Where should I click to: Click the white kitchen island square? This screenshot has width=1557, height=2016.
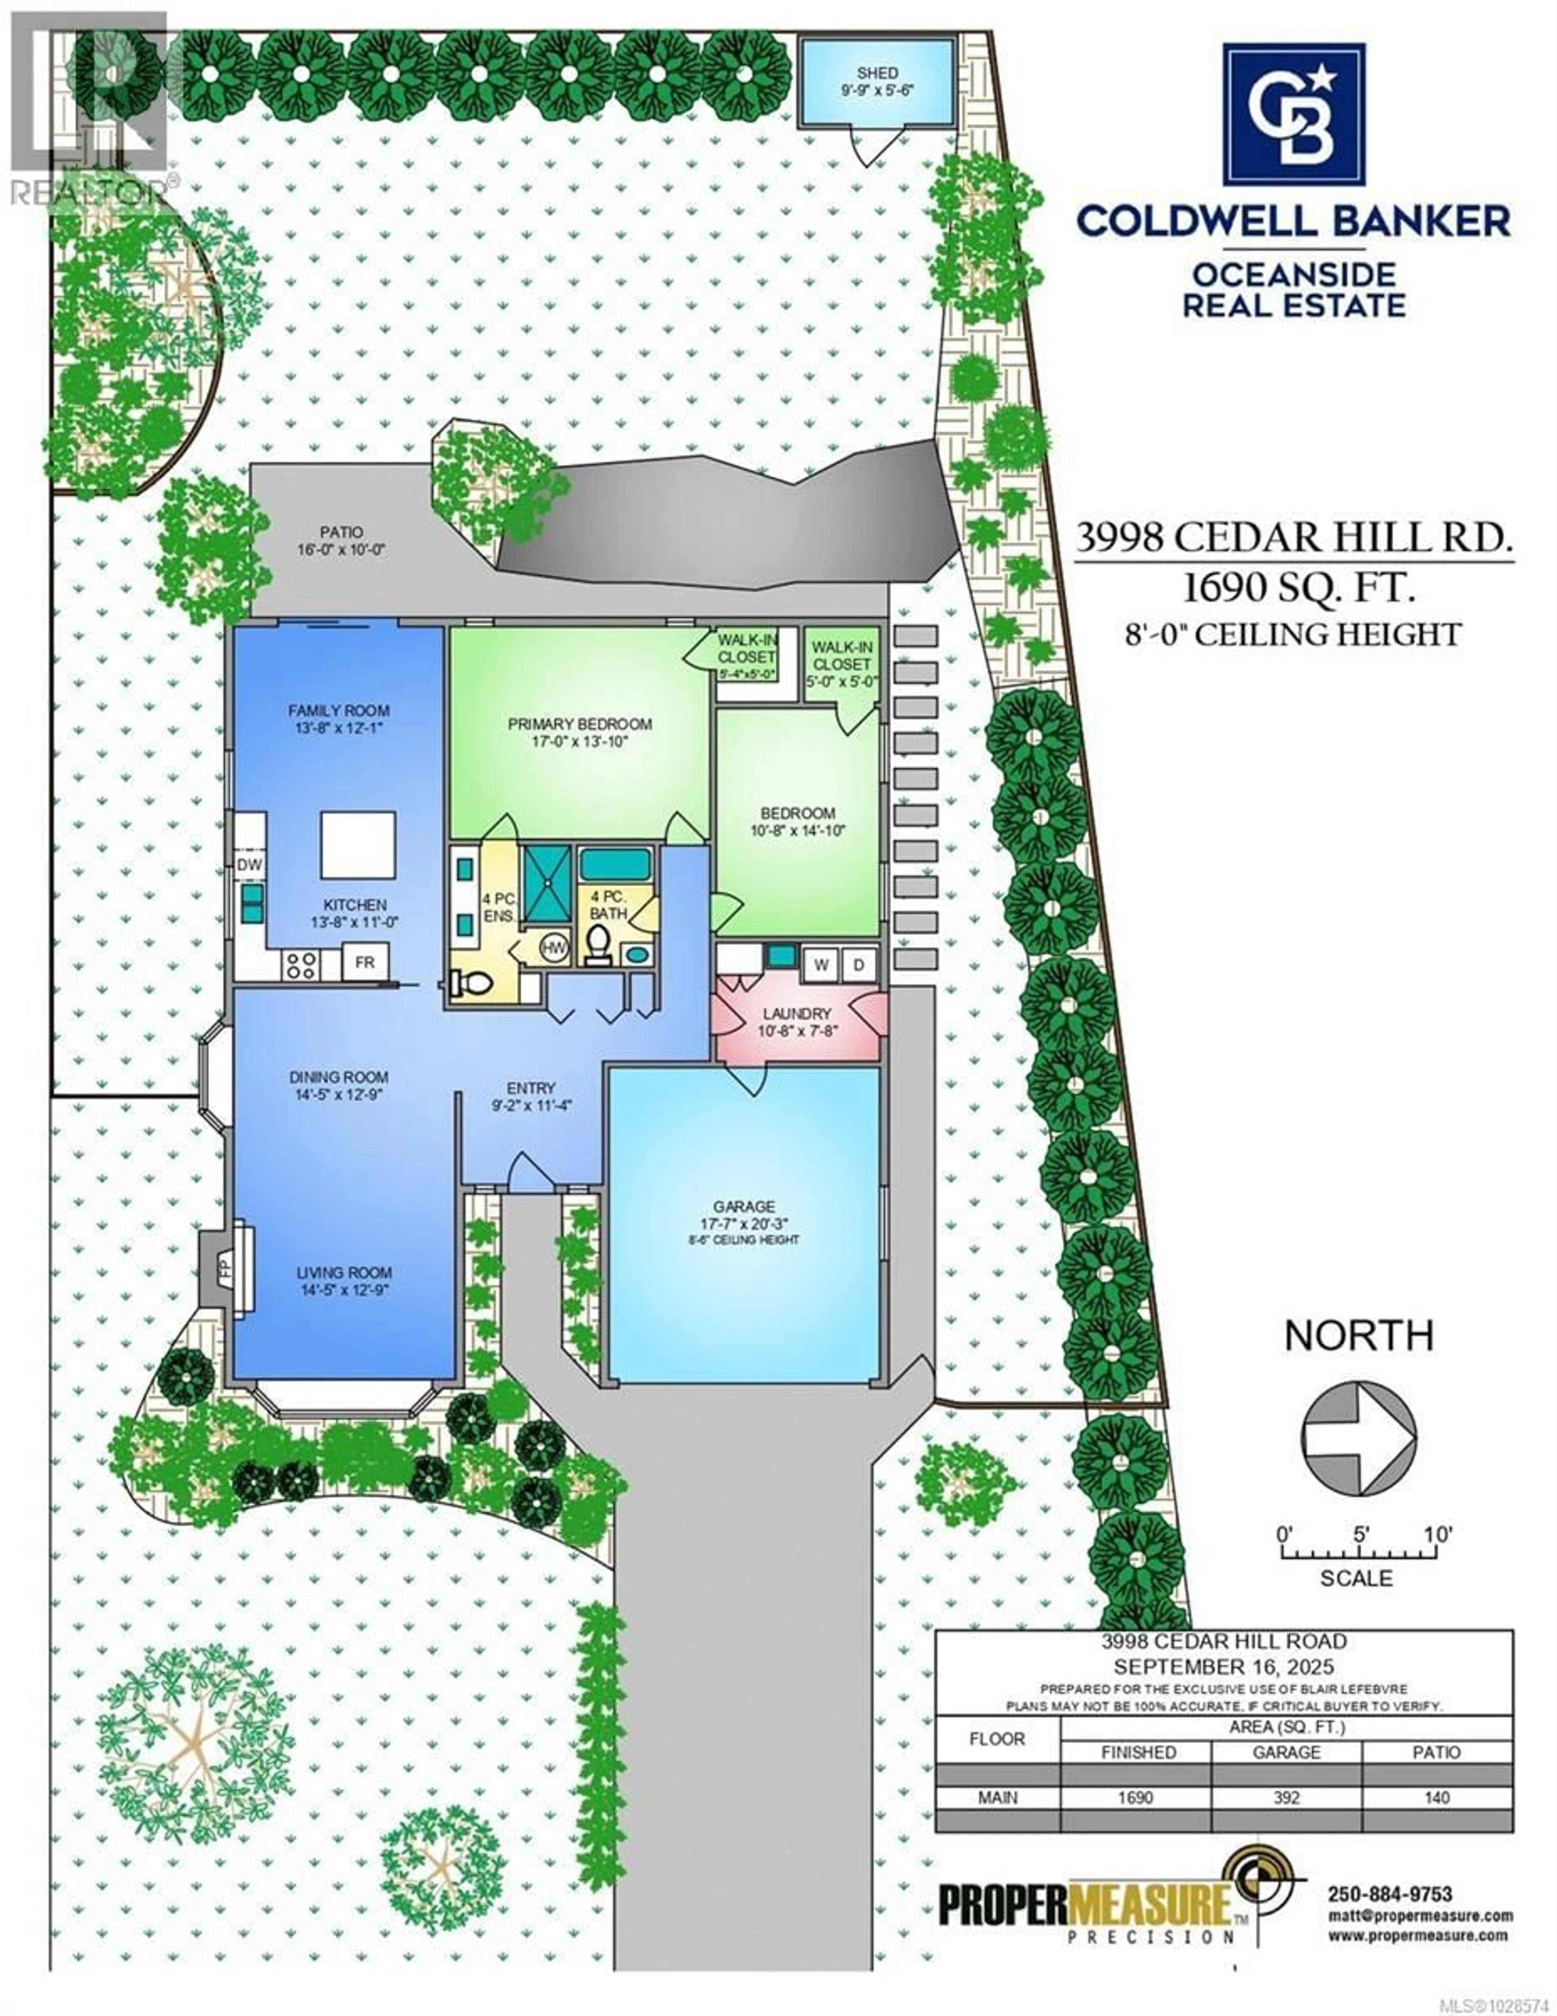click(x=358, y=845)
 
